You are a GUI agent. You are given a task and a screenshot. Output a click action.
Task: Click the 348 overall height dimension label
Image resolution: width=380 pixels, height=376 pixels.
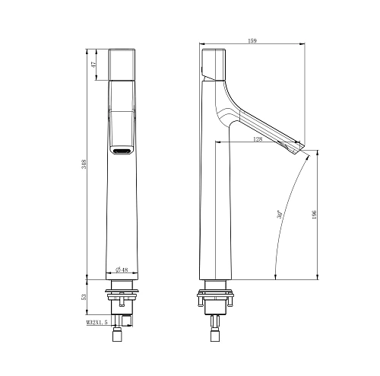(x=84, y=164)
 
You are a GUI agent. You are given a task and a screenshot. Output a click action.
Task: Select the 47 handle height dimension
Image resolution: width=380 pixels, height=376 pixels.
(x=94, y=65)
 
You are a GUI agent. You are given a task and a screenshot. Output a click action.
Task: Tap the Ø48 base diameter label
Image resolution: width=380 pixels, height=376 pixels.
(x=122, y=269)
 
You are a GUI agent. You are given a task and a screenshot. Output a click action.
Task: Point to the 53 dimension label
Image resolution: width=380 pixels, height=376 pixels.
(x=84, y=297)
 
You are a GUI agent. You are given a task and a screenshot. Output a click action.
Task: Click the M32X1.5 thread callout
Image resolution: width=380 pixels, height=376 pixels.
(x=97, y=322)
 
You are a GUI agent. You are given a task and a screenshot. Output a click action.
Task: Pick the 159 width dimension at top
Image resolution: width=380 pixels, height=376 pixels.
(x=252, y=40)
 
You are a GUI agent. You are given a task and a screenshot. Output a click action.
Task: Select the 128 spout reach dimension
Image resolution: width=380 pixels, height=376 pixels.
(x=258, y=139)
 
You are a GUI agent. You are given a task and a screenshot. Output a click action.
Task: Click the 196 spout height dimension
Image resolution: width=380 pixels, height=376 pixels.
(x=315, y=215)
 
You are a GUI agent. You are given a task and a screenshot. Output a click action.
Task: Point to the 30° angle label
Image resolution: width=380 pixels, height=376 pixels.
(x=280, y=214)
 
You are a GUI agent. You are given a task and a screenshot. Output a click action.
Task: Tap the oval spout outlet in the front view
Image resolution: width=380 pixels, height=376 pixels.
(x=122, y=151)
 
